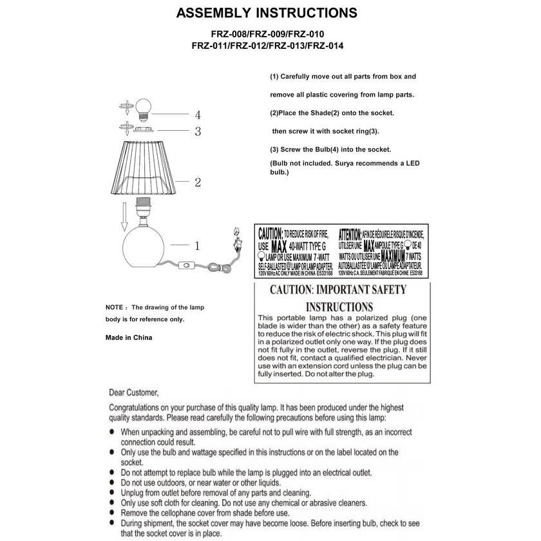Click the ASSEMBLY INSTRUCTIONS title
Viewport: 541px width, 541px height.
point(267,14)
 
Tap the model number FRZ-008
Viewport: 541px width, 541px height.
point(229,34)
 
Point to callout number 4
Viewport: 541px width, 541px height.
point(198,115)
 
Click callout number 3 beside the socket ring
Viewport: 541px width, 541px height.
point(198,132)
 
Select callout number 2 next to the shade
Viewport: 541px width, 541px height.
point(198,183)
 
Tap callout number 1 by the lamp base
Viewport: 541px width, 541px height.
point(197,245)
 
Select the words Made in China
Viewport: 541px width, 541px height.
point(129,337)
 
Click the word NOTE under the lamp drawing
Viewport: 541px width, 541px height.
point(114,307)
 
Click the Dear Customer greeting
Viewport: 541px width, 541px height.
point(133,392)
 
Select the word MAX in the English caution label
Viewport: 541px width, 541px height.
point(279,246)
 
